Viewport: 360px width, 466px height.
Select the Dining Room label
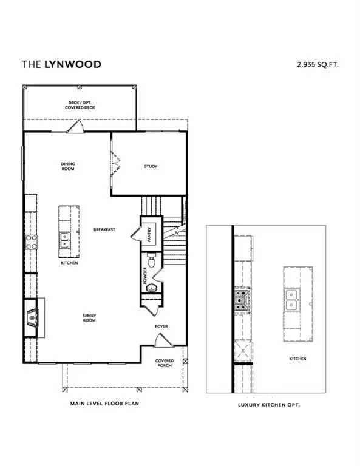pyautogui.click(x=67, y=166)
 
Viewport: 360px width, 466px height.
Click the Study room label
pyautogui.click(x=150, y=166)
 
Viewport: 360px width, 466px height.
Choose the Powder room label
pyautogui.click(x=145, y=275)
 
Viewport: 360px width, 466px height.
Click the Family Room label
pyautogui.click(x=90, y=317)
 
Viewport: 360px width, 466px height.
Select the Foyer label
pyautogui.click(x=161, y=326)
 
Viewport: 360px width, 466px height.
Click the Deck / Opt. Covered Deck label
pyautogui.click(x=80, y=106)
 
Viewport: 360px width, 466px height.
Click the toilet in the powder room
pyautogui.click(x=154, y=262)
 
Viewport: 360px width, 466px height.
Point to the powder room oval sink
pyautogui.click(x=153, y=288)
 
